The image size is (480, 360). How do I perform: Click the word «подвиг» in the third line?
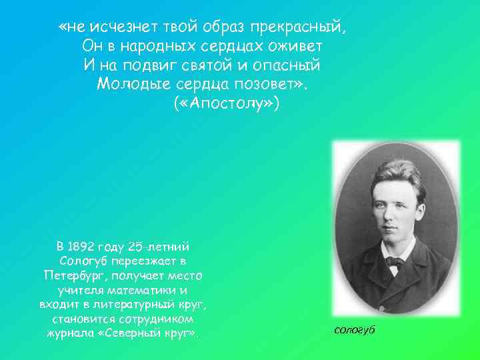click(x=150, y=65)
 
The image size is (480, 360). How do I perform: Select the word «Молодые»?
click(x=133, y=85)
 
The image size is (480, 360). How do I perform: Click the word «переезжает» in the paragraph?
click(x=148, y=260)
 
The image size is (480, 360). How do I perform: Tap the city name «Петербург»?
click(x=74, y=275)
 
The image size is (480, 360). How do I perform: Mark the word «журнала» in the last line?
click(x=70, y=333)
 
